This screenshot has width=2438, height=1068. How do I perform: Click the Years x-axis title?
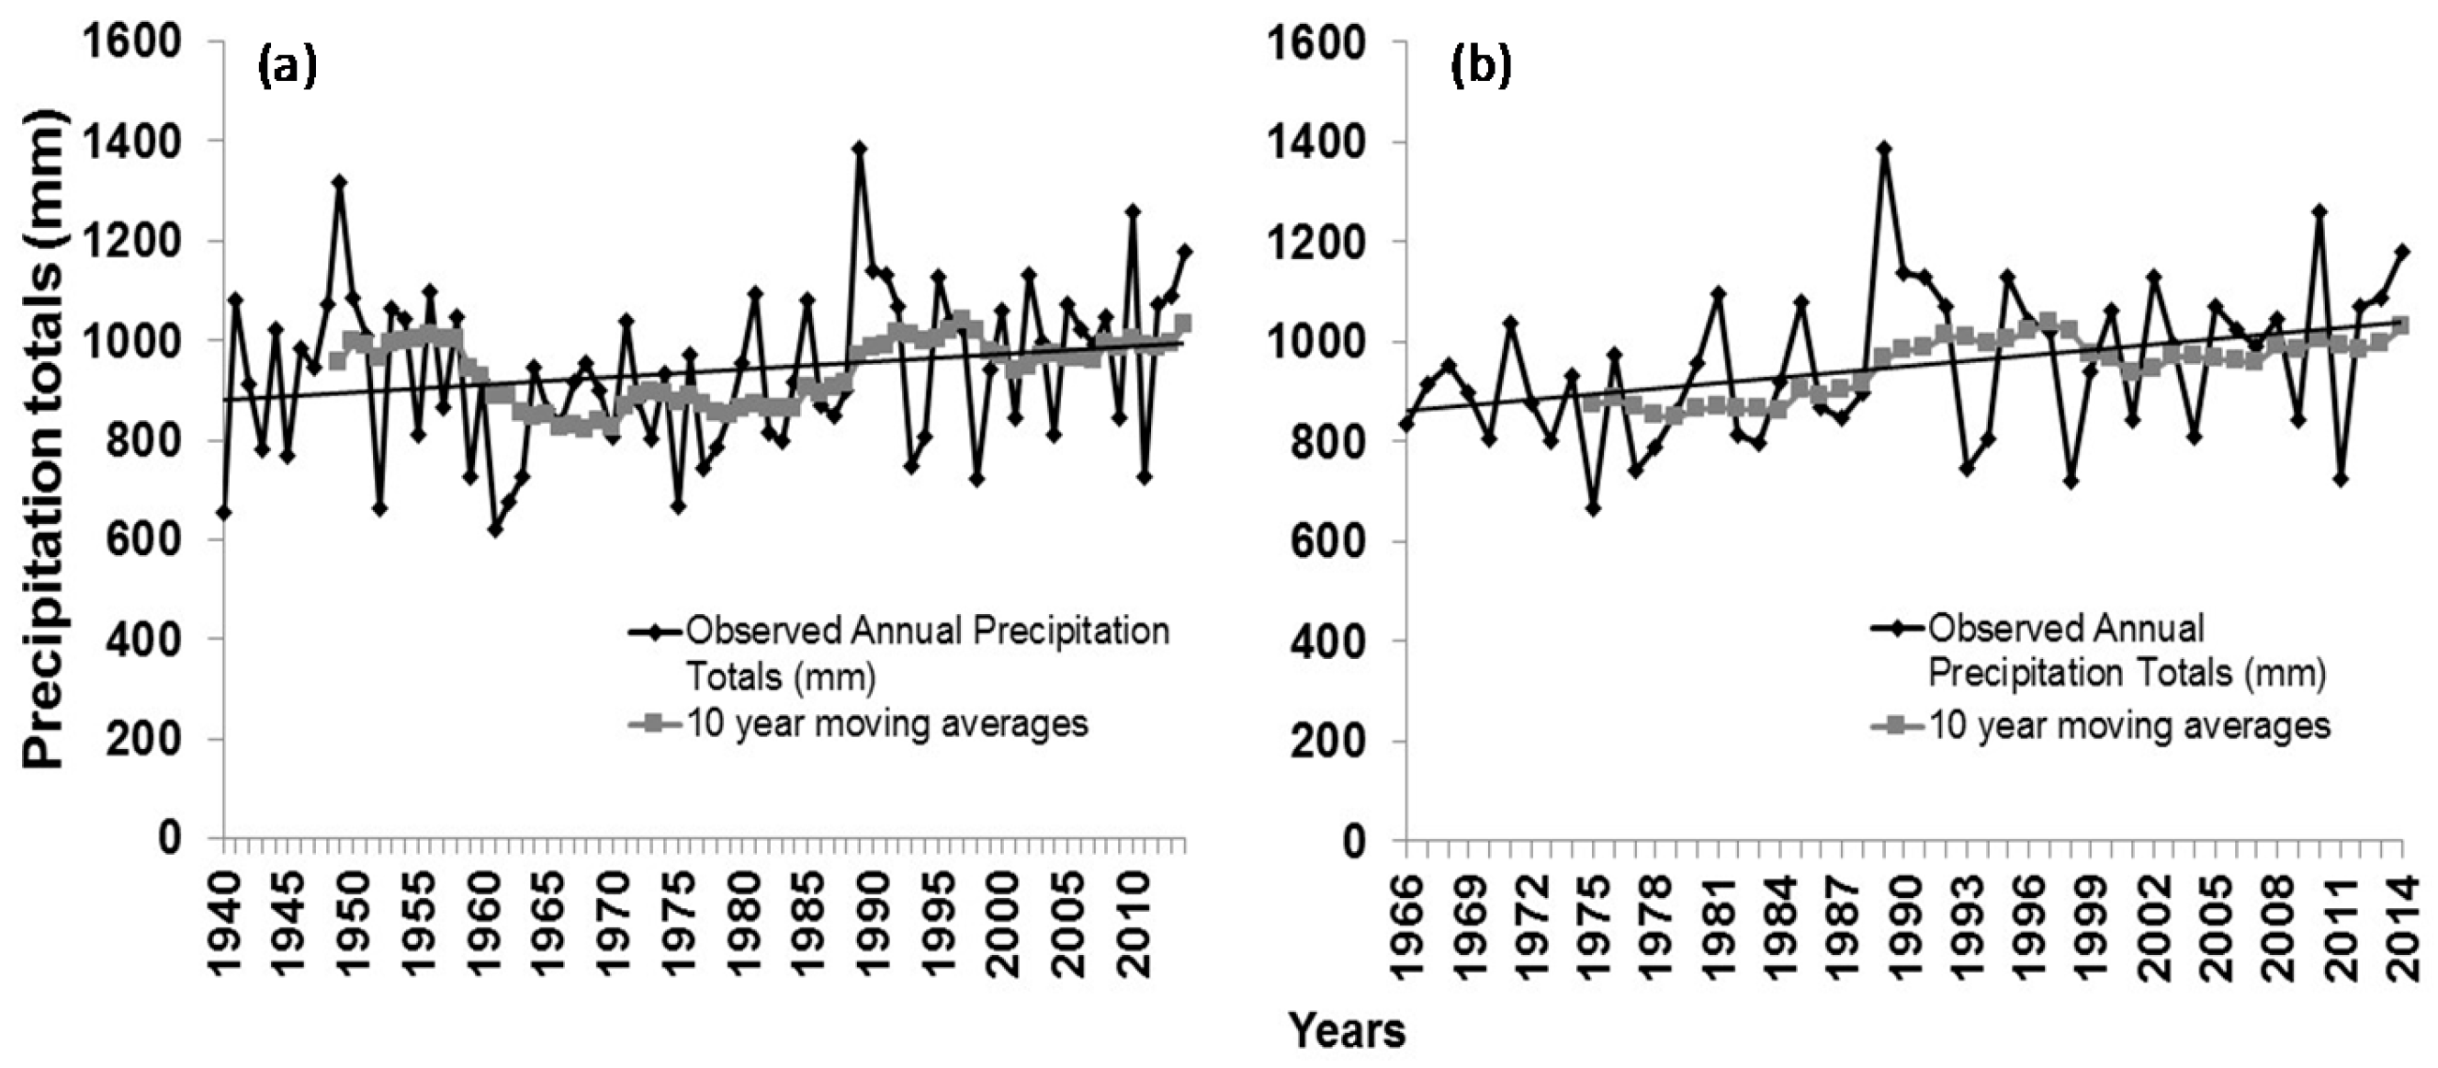click(1347, 1030)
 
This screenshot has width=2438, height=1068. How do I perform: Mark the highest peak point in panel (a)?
click(859, 149)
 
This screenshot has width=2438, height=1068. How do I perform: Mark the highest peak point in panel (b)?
click(1883, 149)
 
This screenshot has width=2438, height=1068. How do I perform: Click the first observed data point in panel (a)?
click(224, 512)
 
